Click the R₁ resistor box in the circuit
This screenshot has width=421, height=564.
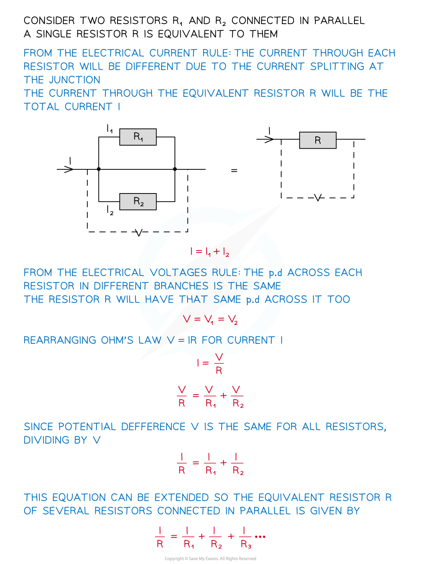coord(138,137)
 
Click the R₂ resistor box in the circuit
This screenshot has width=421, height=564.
coord(138,202)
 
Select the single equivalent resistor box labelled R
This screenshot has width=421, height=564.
coord(318,140)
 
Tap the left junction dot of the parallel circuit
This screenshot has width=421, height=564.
coord(99,169)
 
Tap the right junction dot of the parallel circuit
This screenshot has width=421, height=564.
coord(175,169)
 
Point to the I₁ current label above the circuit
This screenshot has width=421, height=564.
coord(109,128)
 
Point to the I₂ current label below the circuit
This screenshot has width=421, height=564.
coord(110,210)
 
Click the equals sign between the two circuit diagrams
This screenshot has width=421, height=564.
coord(234,171)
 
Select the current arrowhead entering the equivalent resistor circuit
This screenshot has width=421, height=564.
coord(269,139)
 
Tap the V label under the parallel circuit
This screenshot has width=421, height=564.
coord(139,233)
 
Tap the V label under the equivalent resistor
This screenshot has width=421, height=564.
coord(318,198)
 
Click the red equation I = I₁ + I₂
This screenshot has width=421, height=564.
coord(210,252)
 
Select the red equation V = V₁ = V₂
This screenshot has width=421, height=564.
coord(210,320)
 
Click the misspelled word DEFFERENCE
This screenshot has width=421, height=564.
coord(153,427)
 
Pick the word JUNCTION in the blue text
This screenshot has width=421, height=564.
coord(75,80)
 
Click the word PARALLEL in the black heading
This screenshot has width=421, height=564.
coord(339,21)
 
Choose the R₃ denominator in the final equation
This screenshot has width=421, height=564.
coord(246,544)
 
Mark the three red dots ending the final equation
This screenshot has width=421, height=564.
coord(260,536)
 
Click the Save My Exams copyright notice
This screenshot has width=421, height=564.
coord(210,558)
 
